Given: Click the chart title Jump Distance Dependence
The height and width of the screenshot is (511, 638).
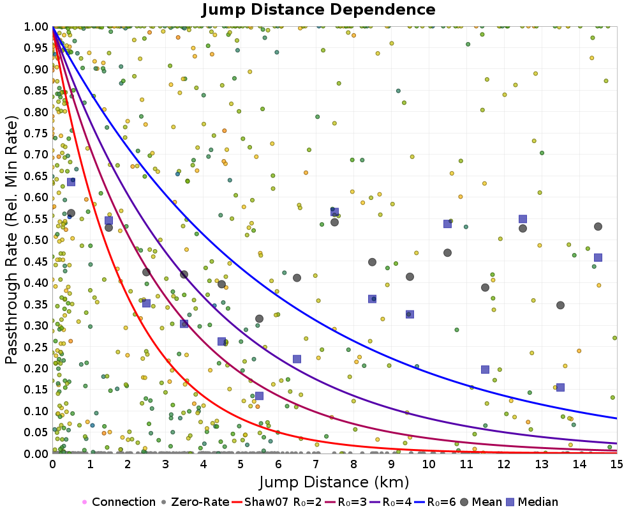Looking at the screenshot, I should (318, 10).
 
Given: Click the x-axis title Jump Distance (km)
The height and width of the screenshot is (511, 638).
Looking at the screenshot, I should (334, 481).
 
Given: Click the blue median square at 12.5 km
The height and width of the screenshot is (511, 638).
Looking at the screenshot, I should (523, 219).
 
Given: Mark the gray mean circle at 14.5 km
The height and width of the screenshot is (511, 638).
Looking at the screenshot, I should (598, 227).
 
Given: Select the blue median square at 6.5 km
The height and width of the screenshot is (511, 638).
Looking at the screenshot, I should (297, 359).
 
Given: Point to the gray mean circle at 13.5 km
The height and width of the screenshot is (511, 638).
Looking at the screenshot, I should (560, 305).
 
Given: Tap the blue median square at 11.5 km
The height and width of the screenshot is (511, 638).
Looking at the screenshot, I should (485, 369).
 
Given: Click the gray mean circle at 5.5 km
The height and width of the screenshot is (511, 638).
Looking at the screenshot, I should (259, 319).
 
